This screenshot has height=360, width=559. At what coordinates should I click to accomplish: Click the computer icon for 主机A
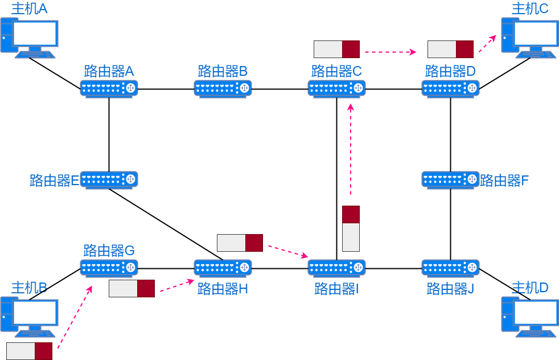pyautogui.click(x=29, y=38)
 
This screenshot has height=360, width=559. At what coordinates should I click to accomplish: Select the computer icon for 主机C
pyautogui.click(x=530, y=38)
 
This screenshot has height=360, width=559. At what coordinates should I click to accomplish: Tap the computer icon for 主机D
pyautogui.click(x=530, y=317)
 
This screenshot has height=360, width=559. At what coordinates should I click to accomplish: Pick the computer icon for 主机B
pyautogui.click(x=29, y=317)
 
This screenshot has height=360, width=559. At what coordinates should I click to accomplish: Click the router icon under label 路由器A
pyautogui.click(x=109, y=88)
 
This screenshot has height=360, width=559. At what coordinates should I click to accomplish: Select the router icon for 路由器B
pyautogui.click(x=223, y=88)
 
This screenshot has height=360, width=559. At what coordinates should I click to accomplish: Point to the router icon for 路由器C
pyautogui.click(x=336, y=88)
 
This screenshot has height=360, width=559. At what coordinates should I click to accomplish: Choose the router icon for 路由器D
pyautogui.click(x=450, y=88)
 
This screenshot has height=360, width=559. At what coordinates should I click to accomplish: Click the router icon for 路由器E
pyautogui.click(x=109, y=179)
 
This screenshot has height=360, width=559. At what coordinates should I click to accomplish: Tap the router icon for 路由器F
pyautogui.click(x=450, y=179)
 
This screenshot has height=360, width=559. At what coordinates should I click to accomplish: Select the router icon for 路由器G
pyautogui.click(x=109, y=267)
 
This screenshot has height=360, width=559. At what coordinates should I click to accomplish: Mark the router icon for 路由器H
pyautogui.click(x=223, y=267)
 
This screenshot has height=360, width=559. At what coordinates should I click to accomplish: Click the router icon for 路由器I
pyautogui.click(x=336, y=267)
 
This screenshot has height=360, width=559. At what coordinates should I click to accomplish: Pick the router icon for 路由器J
pyautogui.click(x=450, y=267)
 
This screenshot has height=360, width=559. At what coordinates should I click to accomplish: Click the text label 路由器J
pyautogui.click(x=450, y=289)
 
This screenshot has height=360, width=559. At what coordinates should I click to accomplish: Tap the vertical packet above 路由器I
pyautogui.click(x=351, y=228)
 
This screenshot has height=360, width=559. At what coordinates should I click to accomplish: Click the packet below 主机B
pyautogui.click(x=29, y=351)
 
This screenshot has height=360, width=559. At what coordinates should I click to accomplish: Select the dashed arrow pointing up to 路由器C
pyautogui.click(x=350, y=151)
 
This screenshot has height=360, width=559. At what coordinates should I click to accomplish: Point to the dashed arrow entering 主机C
pyautogui.click(x=487, y=43)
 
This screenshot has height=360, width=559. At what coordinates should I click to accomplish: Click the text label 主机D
pyautogui.click(x=530, y=288)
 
